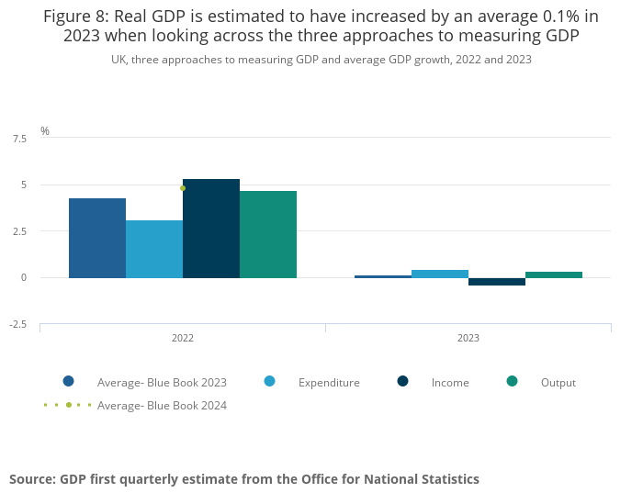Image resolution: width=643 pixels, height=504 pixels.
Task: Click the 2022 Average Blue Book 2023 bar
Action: tap(97, 238)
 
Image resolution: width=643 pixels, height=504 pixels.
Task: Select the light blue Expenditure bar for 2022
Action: tap(154, 249)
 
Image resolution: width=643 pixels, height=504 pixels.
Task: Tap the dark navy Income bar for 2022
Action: tap(211, 229)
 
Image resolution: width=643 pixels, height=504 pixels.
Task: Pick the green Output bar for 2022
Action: tap(268, 234)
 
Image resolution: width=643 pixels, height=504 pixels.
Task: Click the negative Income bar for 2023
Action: tap(497, 282)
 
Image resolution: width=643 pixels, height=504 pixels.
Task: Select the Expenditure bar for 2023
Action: tap(440, 274)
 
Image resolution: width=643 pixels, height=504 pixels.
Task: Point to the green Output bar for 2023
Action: tap(554, 274)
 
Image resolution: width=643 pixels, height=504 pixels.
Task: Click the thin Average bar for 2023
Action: tap(383, 276)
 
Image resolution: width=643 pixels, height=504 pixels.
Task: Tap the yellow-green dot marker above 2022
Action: tap(183, 188)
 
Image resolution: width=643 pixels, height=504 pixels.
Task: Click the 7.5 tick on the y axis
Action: tap(19, 139)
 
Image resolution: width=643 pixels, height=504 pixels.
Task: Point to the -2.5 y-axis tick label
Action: tap(18, 325)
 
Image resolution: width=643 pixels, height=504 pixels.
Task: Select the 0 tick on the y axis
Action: tap(24, 277)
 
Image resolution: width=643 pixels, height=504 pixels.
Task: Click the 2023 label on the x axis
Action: tap(468, 338)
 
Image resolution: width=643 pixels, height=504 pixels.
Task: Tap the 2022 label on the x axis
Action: tap(183, 338)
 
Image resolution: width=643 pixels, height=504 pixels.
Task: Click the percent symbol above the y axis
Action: tap(45, 131)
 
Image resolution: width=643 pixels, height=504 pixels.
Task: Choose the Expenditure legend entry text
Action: tap(329, 383)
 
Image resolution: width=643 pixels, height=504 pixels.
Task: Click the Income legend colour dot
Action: tap(403, 381)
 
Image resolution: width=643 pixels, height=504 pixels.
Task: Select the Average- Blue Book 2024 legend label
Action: tap(162, 406)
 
